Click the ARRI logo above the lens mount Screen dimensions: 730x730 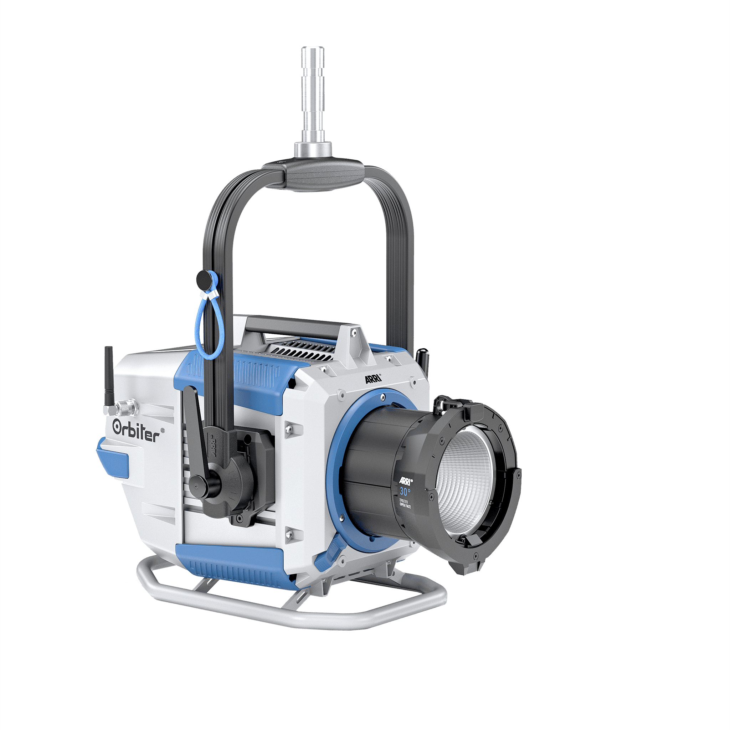373,379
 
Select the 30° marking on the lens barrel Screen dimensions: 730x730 405,492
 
